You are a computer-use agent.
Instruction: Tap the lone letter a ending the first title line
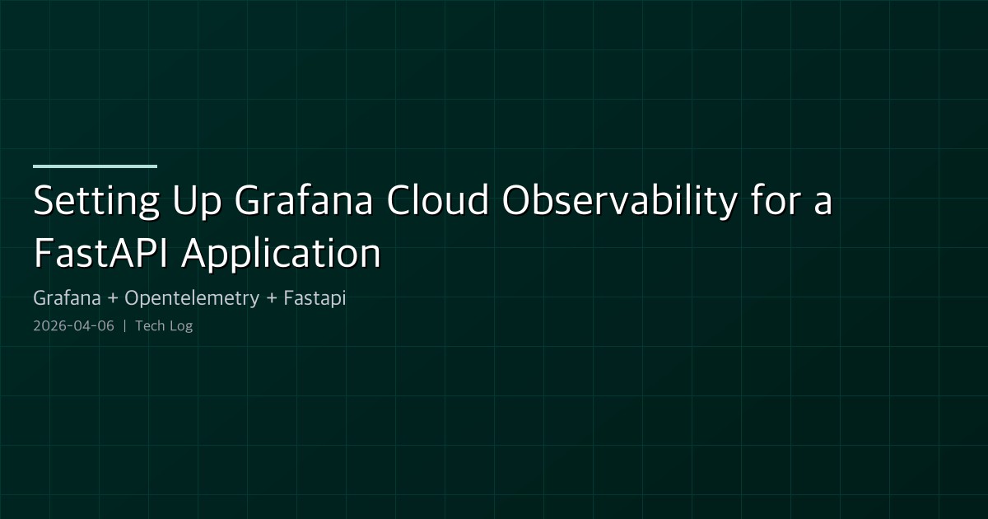coord(823,206)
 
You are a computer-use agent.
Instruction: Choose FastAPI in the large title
coord(101,254)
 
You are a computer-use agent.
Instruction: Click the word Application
coord(281,255)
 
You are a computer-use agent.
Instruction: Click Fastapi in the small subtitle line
coord(315,298)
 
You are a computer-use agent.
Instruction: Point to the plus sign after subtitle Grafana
coord(111,299)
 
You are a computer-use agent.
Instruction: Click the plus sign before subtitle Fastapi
coord(271,299)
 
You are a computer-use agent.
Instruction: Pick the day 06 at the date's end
coord(105,325)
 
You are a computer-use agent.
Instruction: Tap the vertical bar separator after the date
coord(124,325)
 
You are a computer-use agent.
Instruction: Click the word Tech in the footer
coord(149,325)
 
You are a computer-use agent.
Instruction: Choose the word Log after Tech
coord(180,326)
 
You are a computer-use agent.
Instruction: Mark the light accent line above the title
coord(95,166)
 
